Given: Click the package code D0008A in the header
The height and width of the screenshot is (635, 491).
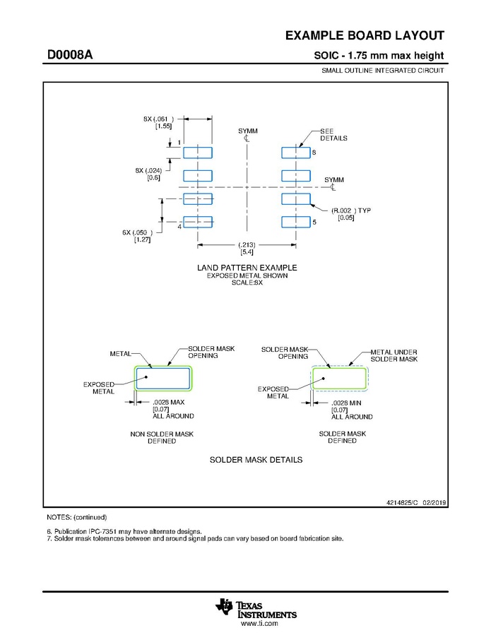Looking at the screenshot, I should pos(70,55).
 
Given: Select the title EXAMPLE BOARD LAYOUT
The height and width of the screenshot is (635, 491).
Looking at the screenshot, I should pos(365,36).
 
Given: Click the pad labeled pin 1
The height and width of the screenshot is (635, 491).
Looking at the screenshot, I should pos(198,152).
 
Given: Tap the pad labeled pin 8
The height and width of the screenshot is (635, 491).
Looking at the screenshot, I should pos(295,152).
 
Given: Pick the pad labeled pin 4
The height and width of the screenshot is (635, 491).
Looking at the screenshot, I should pos(198,222).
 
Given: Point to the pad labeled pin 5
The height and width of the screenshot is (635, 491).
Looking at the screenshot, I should pos(295,222).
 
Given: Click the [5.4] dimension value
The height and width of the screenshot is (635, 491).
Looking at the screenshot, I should pos(247,252).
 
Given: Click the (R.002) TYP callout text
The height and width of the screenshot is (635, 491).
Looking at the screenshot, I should pos(350,210).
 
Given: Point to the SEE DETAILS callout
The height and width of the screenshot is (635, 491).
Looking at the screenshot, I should pos(333,134).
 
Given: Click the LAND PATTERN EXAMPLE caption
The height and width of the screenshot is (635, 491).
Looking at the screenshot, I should pos(247,268).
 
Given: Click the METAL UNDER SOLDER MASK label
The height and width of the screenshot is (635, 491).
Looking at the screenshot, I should pos(394,355).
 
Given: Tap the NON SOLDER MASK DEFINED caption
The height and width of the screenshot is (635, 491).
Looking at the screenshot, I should pos(162,437).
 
